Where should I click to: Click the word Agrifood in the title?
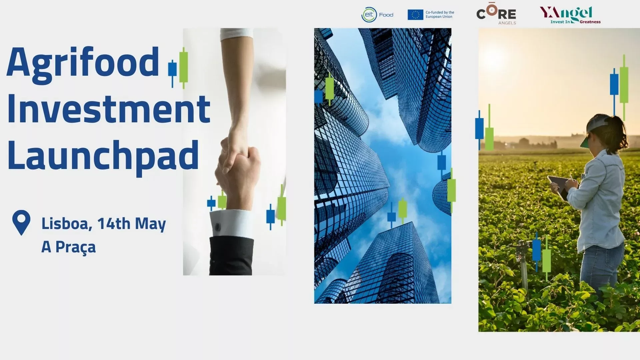[x=83, y=65]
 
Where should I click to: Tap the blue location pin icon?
[x=21, y=222]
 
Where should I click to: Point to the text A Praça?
[x=68, y=247]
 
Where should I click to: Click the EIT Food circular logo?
[x=369, y=15]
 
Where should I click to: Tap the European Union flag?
[x=415, y=15]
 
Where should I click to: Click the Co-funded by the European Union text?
[x=440, y=15]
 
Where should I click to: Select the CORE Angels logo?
[x=496, y=14]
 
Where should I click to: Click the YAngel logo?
[x=570, y=15]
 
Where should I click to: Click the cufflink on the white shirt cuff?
[x=218, y=227]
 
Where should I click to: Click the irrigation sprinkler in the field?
[x=522, y=263]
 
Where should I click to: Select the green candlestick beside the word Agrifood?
[x=184, y=68]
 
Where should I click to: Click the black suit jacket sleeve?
[x=231, y=256]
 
